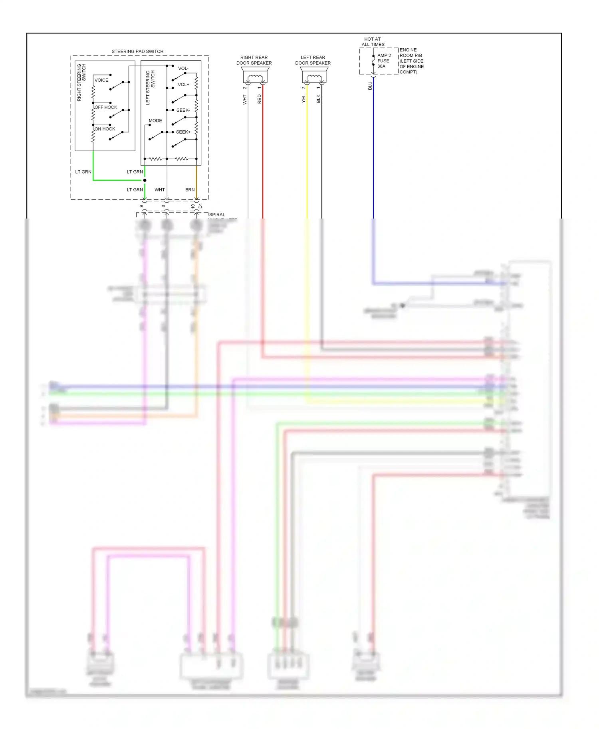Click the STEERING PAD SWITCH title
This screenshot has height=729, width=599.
pyautogui.click(x=137, y=51)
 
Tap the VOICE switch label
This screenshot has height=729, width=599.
pyautogui.click(x=101, y=80)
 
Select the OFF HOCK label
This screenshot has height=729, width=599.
pyautogui.click(x=106, y=107)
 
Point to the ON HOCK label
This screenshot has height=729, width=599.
pyautogui.click(x=105, y=129)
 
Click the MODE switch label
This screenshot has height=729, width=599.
pyautogui.click(x=155, y=120)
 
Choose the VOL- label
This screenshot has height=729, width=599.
pyautogui.click(x=183, y=69)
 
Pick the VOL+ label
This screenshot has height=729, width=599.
pyautogui.click(x=183, y=85)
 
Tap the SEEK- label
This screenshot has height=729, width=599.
pyautogui.click(x=183, y=110)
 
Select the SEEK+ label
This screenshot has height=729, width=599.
pyautogui.click(x=183, y=132)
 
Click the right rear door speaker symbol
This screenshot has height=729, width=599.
pyautogui.click(x=254, y=76)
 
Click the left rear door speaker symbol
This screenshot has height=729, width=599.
pyautogui.click(x=314, y=76)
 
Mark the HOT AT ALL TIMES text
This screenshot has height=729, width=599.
pyautogui.click(x=373, y=42)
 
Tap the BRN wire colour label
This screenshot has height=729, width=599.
pyautogui.click(x=190, y=190)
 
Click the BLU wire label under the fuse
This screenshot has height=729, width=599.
pyautogui.click(x=370, y=86)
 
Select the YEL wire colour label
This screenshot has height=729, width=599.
pyautogui.click(x=303, y=99)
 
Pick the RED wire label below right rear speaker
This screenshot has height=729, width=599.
pyautogui.click(x=260, y=99)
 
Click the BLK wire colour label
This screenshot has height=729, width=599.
pyautogui.click(x=318, y=99)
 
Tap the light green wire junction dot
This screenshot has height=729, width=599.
pyautogui.click(x=145, y=180)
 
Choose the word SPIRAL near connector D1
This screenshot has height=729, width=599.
pyautogui.click(x=217, y=215)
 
